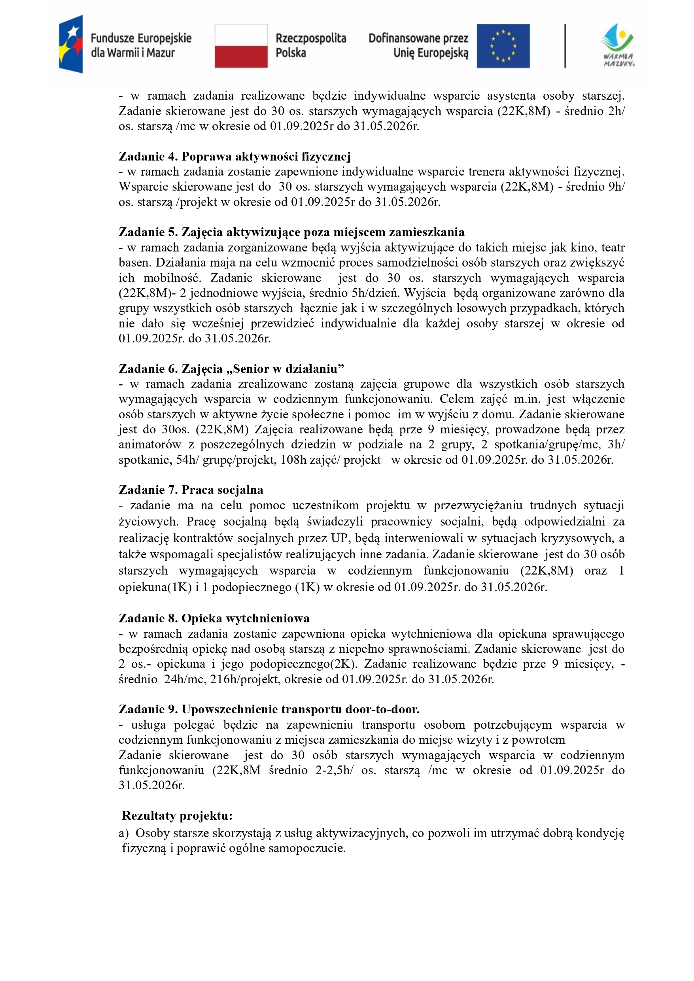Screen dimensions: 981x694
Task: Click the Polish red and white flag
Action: pos(241,46)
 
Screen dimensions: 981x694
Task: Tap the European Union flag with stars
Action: pos(503,46)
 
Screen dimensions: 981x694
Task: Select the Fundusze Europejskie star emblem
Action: pos(71,44)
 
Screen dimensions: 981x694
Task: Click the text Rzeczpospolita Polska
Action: pos(310,46)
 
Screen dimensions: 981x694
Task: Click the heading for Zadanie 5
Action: pos(291,232)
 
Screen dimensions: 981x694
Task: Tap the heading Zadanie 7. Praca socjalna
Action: pos(191,490)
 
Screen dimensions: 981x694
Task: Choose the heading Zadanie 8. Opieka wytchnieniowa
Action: pos(214,618)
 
